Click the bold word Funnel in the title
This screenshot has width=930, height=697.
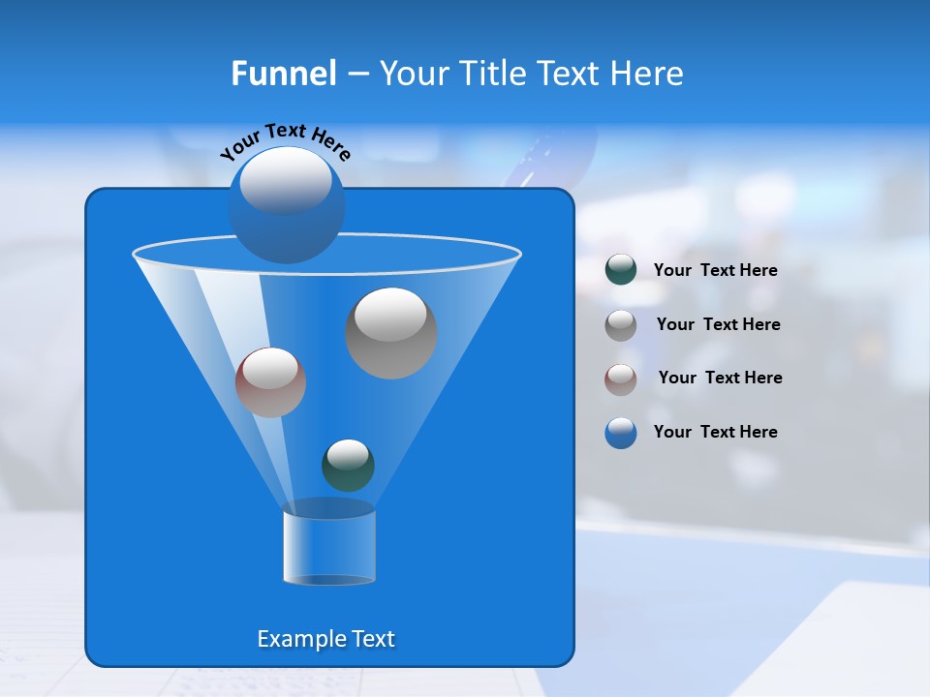(x=283, y=74)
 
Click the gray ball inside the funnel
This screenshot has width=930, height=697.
(x=391, y=333)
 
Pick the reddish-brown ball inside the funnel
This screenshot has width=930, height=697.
(x=270, y=382)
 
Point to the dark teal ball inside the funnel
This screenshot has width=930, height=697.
(x=348, y=466)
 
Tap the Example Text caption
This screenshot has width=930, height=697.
(x=326, y=639)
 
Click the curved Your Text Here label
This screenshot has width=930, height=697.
(x=286, y=140)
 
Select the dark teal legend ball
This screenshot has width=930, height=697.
(x=621, y=270)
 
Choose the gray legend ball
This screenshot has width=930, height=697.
(x=621, y=324)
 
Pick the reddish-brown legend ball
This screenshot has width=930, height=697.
(x=621, y=379)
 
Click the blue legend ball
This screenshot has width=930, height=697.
(x=621, y=433)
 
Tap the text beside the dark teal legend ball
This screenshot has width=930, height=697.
(x=715, y=270)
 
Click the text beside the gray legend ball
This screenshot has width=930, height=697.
(x=718, y=324)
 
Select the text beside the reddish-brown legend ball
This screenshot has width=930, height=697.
(x=720, y=378)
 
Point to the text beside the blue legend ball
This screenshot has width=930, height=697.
(x=715, y=432)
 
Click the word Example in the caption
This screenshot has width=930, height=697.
(x=294, y=639)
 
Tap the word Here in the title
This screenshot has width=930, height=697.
(x=649, y=74)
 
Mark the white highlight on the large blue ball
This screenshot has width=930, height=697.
(x=286, y=182)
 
